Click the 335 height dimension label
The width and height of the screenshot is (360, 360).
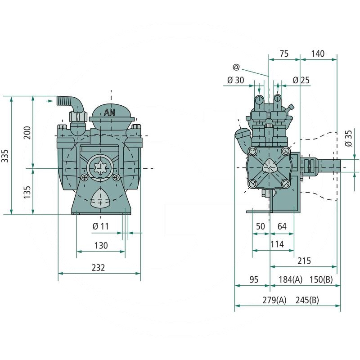5,155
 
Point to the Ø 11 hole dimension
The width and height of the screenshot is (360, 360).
100,226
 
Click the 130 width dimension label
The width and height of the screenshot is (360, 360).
101,245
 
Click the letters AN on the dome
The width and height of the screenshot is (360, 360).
109,112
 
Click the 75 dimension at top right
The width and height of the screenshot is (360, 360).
283,53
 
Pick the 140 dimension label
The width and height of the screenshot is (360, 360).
317,53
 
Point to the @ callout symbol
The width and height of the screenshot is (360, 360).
236,67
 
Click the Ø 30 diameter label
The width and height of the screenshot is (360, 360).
235,80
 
